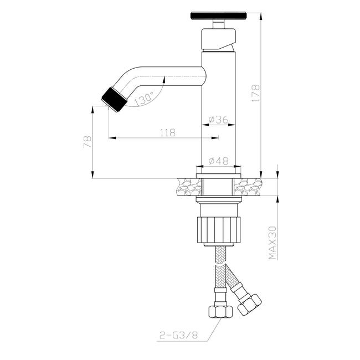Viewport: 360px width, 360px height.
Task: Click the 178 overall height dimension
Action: (x=255, y=94)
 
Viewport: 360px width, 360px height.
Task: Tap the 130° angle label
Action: (x=144, y=99)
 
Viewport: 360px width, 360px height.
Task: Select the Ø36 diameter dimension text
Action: (x=219, y=120)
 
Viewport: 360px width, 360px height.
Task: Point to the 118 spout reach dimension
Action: (x=168, y=132)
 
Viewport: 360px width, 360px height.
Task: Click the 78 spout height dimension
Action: (x=88, y=142)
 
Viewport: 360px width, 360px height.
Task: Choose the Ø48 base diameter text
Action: (x=219, y=161)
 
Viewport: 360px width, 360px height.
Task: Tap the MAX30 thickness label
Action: (x=272, y=243)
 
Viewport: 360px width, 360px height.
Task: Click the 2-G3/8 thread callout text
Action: (x=178, y=336)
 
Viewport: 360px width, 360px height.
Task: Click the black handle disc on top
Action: (x=219, y=16)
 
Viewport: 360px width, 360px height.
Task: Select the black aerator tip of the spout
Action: (x=114, y=100)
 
